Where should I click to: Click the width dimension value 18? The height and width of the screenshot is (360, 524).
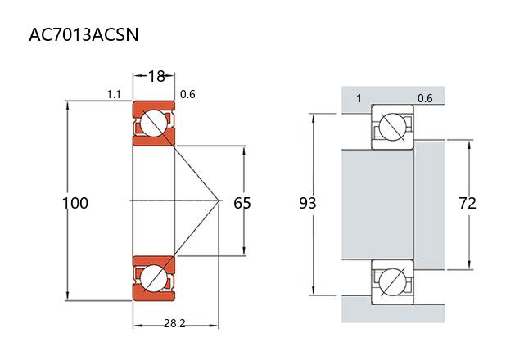(x=156, y=76)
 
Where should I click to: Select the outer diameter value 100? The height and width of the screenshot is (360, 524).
(x=75, y=202)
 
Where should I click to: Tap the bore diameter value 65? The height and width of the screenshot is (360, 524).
(x=242, y=202)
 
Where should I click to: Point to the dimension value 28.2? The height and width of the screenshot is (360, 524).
(x=174, y=324)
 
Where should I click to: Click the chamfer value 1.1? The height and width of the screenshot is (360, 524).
(x=114, y=95)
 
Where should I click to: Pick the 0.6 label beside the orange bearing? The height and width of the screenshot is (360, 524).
(x=187, y=95)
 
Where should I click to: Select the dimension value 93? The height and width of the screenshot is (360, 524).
(x=308, y=202)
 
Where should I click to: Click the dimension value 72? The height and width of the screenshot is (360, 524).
(x=468, y=203)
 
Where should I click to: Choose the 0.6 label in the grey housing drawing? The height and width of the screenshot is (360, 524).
(x=425, y=98)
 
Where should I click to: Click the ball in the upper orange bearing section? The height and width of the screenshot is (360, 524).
(x=153, y=124)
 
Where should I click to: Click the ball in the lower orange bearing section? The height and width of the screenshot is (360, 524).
(x=153, y=277)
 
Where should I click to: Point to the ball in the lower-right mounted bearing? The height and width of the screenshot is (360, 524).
(x=392, y=279)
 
